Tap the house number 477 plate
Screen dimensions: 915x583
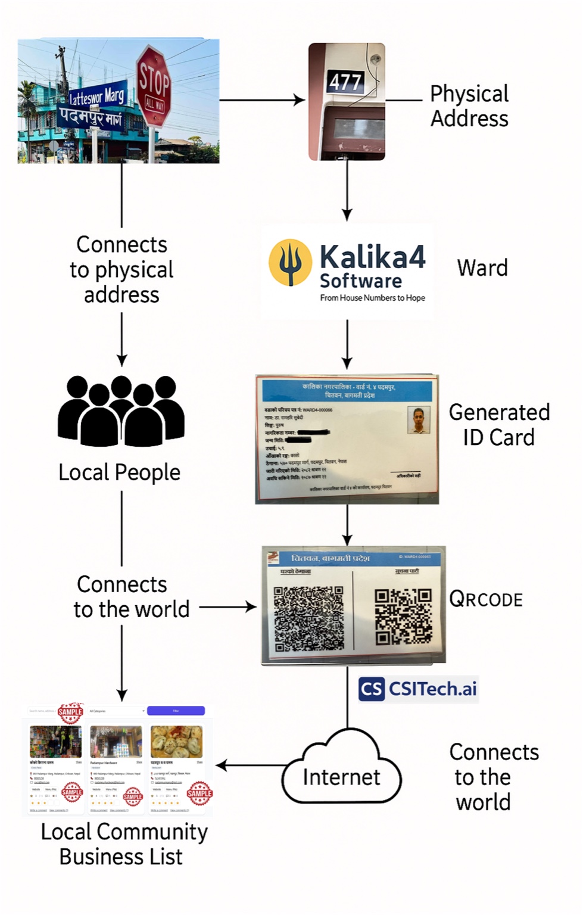click(x=345, y=82)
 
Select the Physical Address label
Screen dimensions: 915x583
click(x=469, y=106)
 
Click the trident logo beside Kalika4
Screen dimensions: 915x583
click(x=290, y=263)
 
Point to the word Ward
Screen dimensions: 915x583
click(x=482, y=268)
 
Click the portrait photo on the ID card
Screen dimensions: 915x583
click(x=419, y=419)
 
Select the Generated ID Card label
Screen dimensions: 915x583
click(x=499, y=425)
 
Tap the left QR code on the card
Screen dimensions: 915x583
click(x=308, y=618)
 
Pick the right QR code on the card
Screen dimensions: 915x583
click(x=403, y=617)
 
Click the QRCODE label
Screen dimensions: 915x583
click(x=486, y=599)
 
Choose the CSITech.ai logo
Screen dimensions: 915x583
click(x=418, y=689)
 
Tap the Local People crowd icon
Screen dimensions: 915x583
click(x=121, y=411)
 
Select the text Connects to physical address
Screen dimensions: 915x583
click(x=121, y=269)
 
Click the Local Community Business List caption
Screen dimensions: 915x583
click(x=123, y=844)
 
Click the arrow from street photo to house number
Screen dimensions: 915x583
click(x=262, y=100)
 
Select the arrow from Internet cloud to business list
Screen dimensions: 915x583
click(x=250, y=765)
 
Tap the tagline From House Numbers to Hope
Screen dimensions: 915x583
click(x=372, y=298)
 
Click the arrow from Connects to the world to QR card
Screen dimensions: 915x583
click(x=227, y=607)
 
